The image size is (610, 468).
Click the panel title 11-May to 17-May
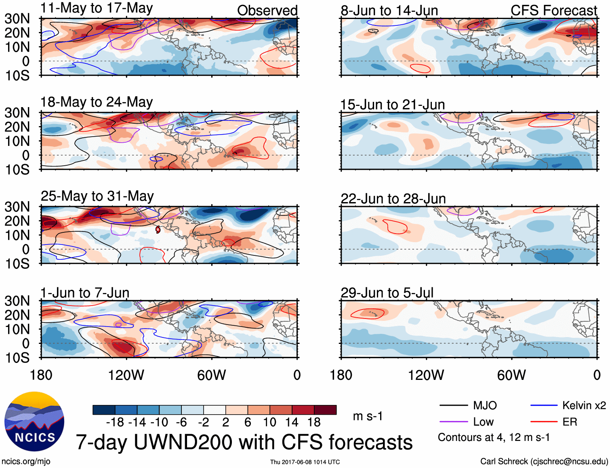97,8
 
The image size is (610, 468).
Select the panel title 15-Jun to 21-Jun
392,105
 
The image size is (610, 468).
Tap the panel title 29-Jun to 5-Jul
387,293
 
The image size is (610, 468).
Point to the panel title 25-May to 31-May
97,196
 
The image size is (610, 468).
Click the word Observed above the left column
267,11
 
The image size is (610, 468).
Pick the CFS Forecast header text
553,11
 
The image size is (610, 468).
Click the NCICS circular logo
34,422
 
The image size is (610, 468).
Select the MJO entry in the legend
485,405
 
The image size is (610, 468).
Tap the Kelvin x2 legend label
584,405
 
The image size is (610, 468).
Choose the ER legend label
570,422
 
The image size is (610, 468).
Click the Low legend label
483,422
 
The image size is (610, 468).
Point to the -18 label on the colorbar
115,422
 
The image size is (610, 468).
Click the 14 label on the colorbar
292,422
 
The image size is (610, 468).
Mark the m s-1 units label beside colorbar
368,416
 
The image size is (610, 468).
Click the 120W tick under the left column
126,375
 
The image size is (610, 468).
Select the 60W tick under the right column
511,375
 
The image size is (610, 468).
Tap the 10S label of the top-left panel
17,76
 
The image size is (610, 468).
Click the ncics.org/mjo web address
26,461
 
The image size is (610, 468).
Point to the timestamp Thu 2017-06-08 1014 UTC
305,462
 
